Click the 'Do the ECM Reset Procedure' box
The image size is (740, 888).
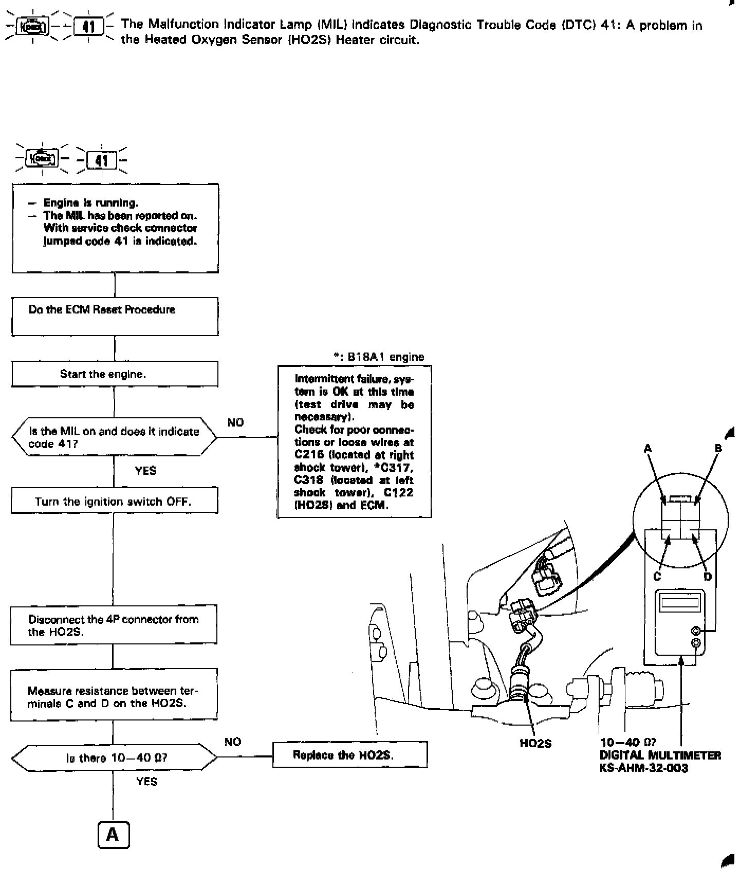tap(115, 317)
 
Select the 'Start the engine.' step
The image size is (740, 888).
tap(115, 374)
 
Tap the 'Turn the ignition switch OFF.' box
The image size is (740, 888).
tap(114, 501)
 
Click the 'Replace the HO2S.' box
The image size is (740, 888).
tap(349, 755)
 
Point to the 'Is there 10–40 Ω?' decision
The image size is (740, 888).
tap(114, 757)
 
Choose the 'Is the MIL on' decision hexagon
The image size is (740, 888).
tap(114, 437)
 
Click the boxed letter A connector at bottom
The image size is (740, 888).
tap(113, 835)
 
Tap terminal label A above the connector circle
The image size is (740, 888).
tap(648, 449)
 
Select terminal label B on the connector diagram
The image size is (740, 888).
tap(718, 449)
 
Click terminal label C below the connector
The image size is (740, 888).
tap(657, 576)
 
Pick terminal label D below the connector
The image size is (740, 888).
tap(708, 576)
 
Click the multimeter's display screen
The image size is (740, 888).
tap(679, 602)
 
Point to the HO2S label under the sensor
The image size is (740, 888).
tap(535, 744)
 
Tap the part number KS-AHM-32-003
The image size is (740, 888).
tap(643, 768)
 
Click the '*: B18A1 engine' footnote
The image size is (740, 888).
tap(379, 357)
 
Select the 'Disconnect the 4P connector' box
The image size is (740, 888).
tap(114, 625)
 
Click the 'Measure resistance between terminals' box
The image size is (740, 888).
tap(114, 697)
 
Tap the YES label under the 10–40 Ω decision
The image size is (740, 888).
tap(146, 782)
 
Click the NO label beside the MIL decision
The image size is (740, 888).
tap(235, 422)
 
